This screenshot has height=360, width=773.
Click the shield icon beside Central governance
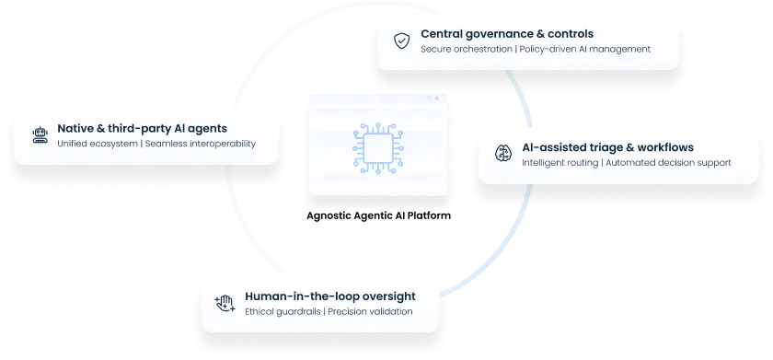point(401,41)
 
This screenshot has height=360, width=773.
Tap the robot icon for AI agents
point(39,135)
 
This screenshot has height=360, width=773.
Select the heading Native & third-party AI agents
point(142,129)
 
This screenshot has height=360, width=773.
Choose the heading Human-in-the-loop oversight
point(329,296)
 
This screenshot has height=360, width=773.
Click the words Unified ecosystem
point(96,144)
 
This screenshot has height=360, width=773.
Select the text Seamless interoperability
point(201,144)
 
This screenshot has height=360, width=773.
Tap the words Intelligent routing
point(559,162)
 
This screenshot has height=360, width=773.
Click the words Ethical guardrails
point(283,311)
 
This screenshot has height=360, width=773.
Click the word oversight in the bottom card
point(386,296)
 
